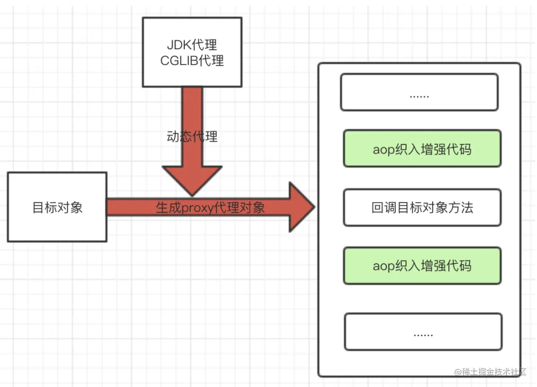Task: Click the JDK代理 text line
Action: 192,45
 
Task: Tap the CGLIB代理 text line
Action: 192,60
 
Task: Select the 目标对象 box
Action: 57,207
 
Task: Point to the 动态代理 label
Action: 192,136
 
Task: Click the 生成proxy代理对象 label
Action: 210,207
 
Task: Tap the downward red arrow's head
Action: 192,180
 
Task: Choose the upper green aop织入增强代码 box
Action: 422,149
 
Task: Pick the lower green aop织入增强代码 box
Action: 422,265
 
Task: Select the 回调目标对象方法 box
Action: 422,207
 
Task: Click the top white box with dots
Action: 419,92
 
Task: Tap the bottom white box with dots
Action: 423,332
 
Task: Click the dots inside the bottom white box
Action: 423,334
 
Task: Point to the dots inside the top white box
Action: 419,95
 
